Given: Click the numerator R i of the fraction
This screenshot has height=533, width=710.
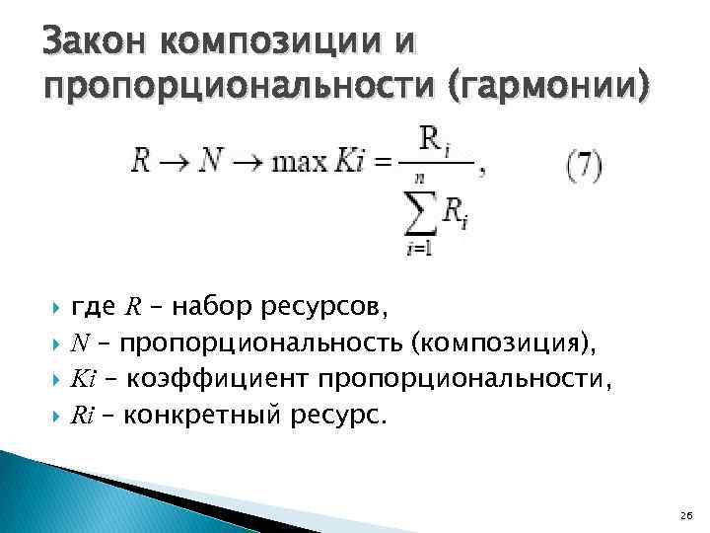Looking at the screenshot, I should point(435,141).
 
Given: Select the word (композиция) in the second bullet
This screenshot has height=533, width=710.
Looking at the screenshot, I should point(504,344).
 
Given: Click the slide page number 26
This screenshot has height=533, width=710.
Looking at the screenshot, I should point(686,514).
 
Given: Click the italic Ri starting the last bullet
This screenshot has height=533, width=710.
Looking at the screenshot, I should point(83,416).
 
